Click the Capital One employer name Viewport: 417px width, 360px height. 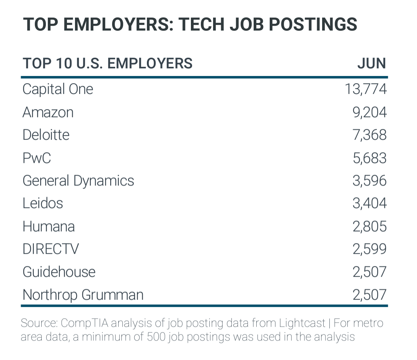pos(58,89)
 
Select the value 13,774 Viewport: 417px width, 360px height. pos(365,89)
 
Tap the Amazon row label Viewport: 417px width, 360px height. pos(48,112)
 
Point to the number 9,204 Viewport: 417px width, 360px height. pos(369,112)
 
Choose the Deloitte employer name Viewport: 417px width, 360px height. pos(46,135)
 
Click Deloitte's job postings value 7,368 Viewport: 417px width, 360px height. pos(369,135)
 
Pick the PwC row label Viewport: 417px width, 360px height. pos(37,158)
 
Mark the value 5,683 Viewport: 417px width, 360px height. pos(369,158)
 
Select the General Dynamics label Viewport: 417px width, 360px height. pos(78,181)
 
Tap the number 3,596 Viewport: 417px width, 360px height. pos(369,181)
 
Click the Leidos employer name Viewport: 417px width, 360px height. pos(42,203)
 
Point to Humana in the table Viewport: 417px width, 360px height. pos(49,226)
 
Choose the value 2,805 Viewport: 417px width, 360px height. pos(369,226)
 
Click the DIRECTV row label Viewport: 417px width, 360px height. pos(50,249)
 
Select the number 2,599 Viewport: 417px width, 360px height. pos(369,249)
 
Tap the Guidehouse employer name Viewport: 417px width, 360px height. pos(59,272)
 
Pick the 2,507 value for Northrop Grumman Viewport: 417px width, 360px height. pos(369,295)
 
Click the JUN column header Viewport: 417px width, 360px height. pos(371,63)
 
